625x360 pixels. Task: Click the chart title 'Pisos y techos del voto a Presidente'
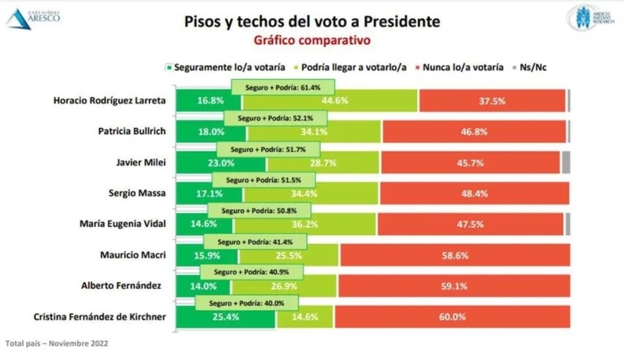click(x=312, y=22)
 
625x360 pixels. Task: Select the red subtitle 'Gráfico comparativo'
click(x=312, y=41)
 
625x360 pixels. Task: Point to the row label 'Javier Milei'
click(x=141, y=162)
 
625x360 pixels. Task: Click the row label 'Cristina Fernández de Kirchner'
click(x=93, y=317)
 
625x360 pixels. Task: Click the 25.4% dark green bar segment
click(x=226, y=317)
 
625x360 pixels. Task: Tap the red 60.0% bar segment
click(x=451, y=317)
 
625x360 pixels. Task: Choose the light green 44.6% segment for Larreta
click(x=330, y=101)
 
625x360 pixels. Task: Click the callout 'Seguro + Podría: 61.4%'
click(x=283, y=87)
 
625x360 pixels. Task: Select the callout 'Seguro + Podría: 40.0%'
click(x=247, y=303)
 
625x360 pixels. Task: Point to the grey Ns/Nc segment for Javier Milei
click(x=565, y=162)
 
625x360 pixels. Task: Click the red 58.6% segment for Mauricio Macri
click(x=455, y=255)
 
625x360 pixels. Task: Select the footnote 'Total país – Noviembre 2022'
click(x=56, y=343)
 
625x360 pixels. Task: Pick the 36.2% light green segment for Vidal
click(x=305, y=224)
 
